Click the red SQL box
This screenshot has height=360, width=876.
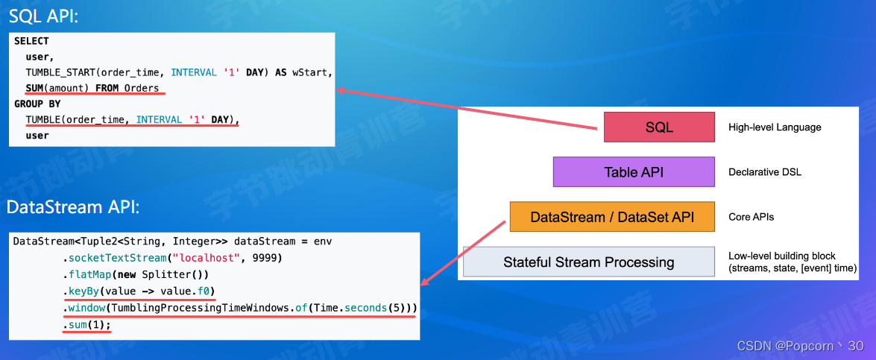click(658, 127)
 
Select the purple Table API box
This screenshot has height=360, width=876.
click(633, 172)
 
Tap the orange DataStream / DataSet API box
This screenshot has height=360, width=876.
click(611, 217)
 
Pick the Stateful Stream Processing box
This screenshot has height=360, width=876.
click(588, 262)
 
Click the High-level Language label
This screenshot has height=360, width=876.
click(775, 127)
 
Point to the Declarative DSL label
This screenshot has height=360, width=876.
click(765, 172)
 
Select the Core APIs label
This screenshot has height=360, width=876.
click(751, 217)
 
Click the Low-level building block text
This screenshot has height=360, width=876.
click(781, 256)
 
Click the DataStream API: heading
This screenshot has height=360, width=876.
click(72, 207)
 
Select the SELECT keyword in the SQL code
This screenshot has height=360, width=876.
click(31, 41)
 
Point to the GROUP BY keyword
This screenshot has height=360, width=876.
click(37, 104)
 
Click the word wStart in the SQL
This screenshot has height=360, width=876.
click(311, 72)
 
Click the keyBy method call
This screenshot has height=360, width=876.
click(81, 290)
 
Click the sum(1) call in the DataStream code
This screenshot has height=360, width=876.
click(86, 324)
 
